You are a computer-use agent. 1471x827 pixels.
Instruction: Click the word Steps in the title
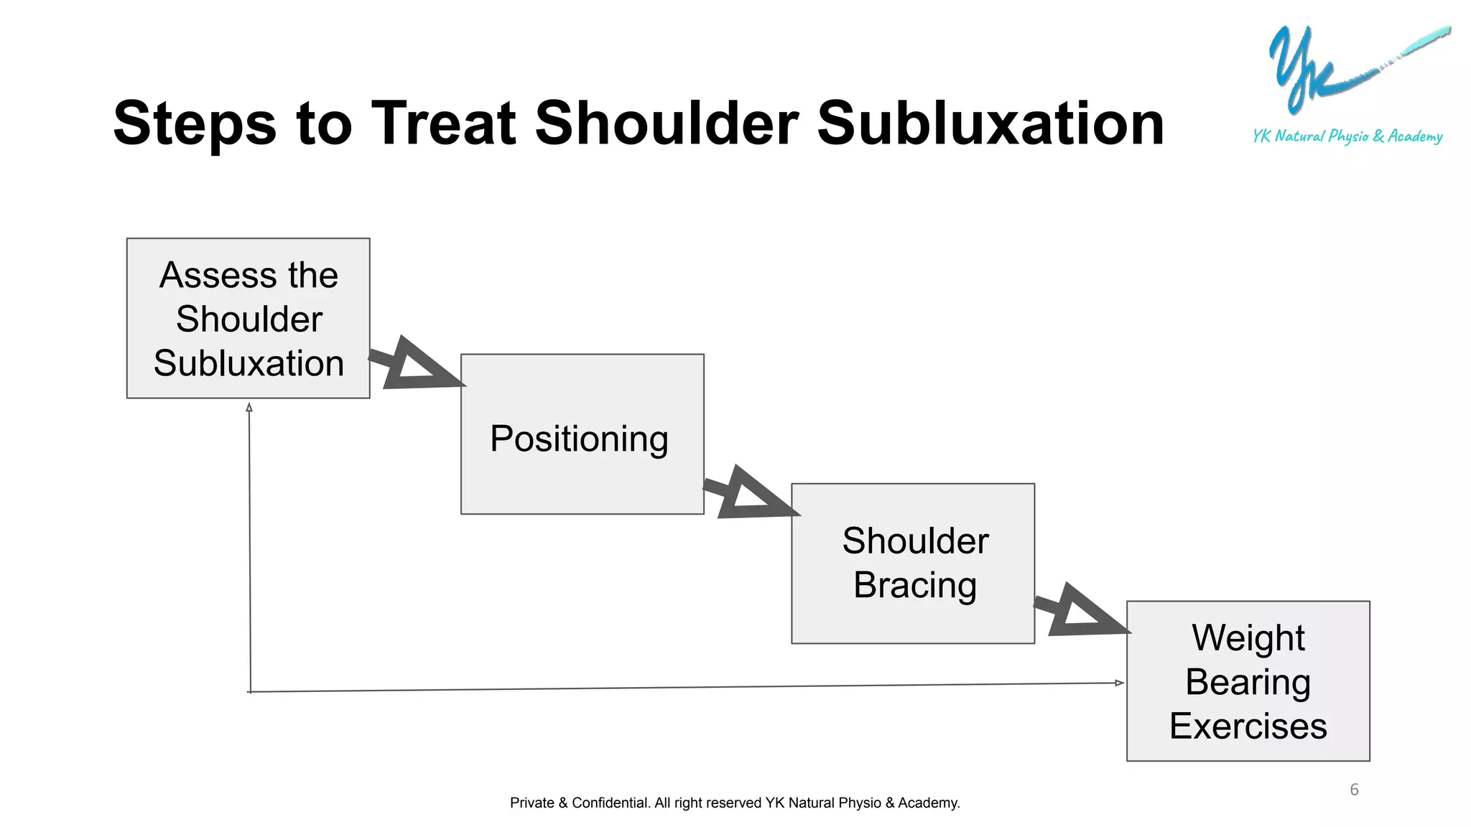click(195, 123)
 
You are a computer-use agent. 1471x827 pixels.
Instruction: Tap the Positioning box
click(582, 434)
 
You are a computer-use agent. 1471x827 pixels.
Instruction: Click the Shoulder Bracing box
click(913, 564)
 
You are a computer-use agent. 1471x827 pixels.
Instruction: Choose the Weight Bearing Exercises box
click(1248, 681)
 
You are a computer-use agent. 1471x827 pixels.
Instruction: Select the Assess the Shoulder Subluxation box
click(248, 318)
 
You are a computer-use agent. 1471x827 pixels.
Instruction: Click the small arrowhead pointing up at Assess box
click(249, 407)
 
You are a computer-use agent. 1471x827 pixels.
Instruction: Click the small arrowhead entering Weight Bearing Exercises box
click(1119, 683)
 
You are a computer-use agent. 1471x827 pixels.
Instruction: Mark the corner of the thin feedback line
click(251, 691)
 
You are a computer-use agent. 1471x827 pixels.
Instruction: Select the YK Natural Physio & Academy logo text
click(1347, 136)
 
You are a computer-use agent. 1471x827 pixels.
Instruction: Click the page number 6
click(1354, 790)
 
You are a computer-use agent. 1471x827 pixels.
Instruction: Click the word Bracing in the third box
click(914, 585)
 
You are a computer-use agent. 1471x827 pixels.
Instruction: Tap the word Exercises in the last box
click(1248, 726)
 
